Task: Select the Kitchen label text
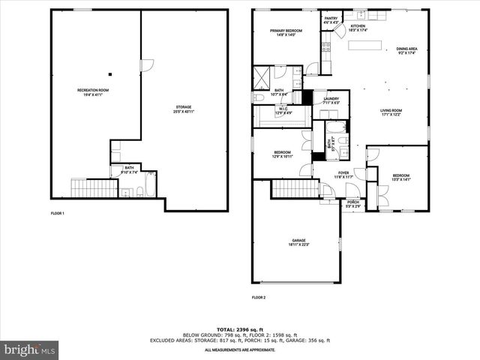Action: (358, 28)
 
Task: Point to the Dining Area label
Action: (407, 51)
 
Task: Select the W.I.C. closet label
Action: (283, 110)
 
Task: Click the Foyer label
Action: (343, 175)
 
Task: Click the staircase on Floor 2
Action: (290, 189)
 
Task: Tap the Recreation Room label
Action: (93, 92)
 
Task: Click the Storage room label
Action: (184, 109)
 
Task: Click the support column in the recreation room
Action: (110, 73)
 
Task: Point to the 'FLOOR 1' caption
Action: (58, 214)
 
